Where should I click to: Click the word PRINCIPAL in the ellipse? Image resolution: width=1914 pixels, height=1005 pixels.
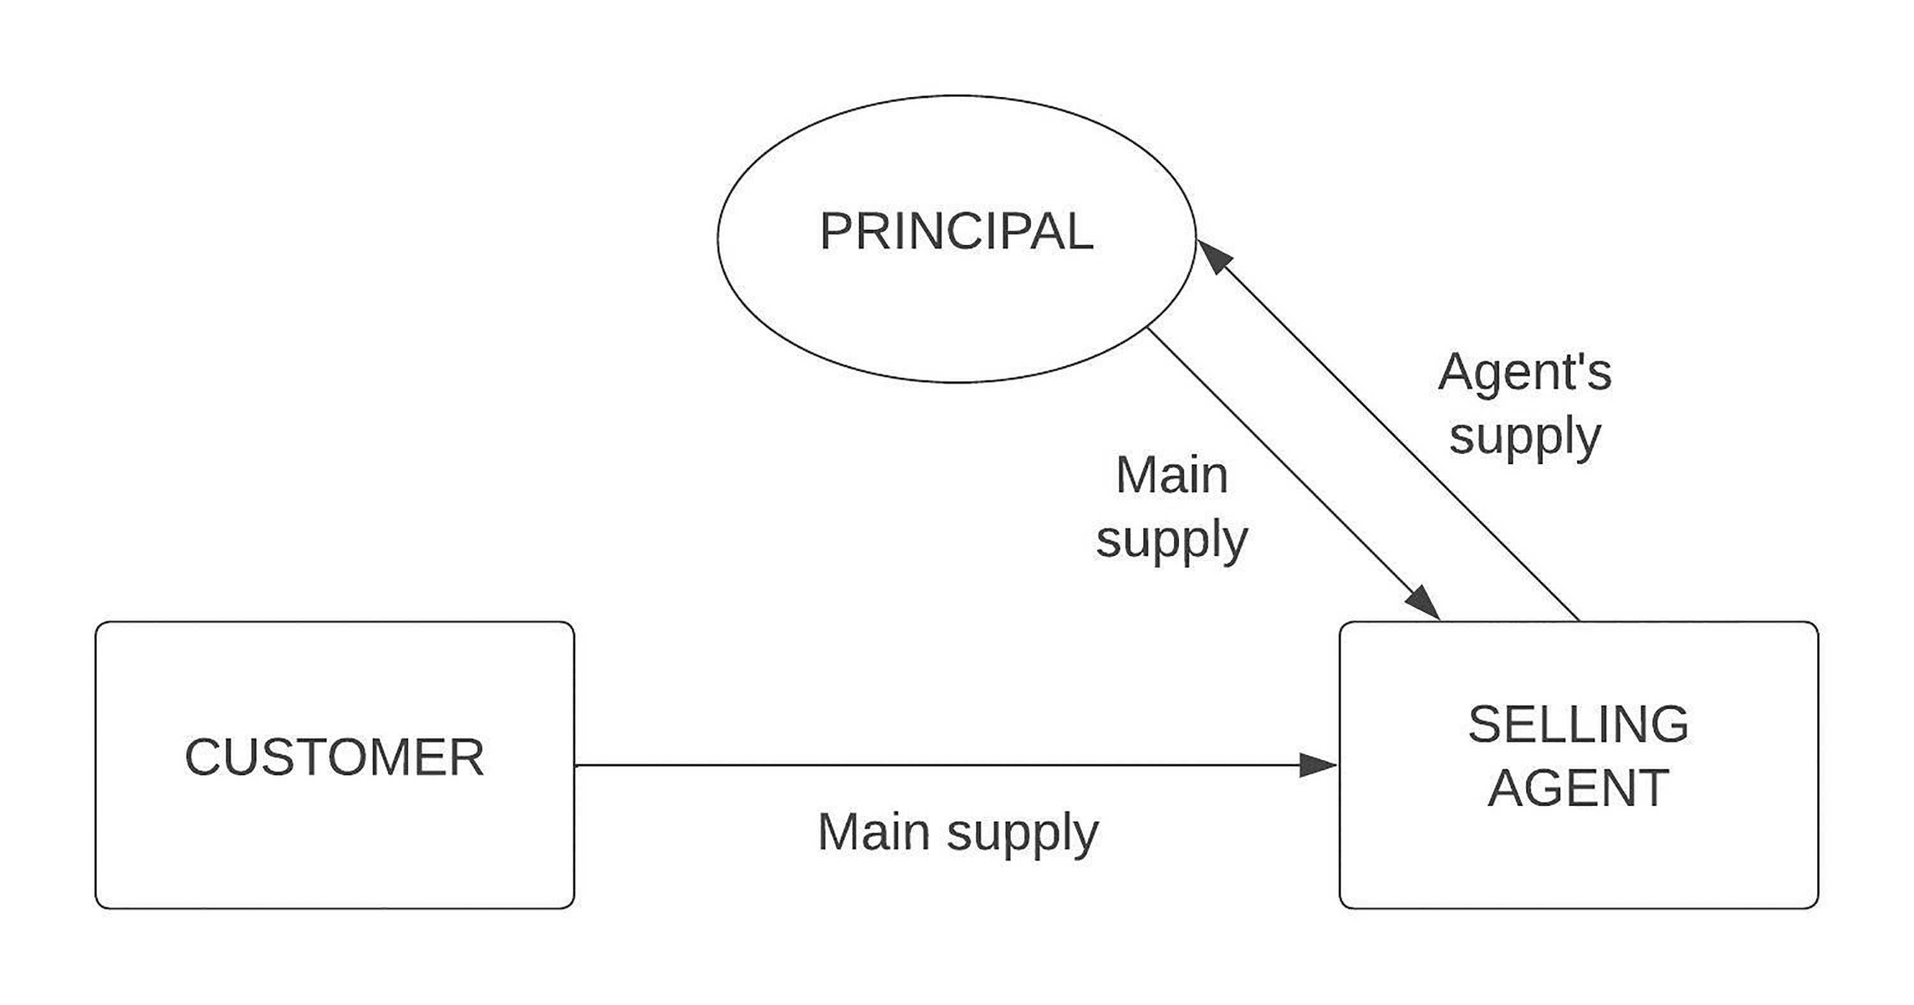956,231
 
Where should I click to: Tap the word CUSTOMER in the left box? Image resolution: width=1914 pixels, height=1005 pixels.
334,758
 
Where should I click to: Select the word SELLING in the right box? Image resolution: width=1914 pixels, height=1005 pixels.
1579,724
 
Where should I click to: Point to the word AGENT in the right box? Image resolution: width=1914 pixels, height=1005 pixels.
1579,788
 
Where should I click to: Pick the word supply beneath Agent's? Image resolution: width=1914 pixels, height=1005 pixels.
1525,437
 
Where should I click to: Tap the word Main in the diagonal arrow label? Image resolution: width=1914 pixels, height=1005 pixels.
1172,474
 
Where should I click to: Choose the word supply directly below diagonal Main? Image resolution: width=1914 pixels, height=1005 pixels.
1172,541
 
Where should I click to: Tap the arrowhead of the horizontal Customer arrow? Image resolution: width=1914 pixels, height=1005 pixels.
1318,765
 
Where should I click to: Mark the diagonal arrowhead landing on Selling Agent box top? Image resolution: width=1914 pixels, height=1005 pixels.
1423,603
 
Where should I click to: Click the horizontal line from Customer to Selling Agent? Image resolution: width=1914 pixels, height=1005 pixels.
956,765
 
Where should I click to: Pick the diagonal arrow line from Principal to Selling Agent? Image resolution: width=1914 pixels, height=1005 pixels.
1295,474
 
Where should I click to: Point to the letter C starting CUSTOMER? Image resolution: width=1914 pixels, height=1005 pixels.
203,758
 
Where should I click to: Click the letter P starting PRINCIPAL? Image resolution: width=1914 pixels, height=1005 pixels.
836,231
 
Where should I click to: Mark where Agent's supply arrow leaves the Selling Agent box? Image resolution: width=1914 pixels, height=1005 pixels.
1579,621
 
